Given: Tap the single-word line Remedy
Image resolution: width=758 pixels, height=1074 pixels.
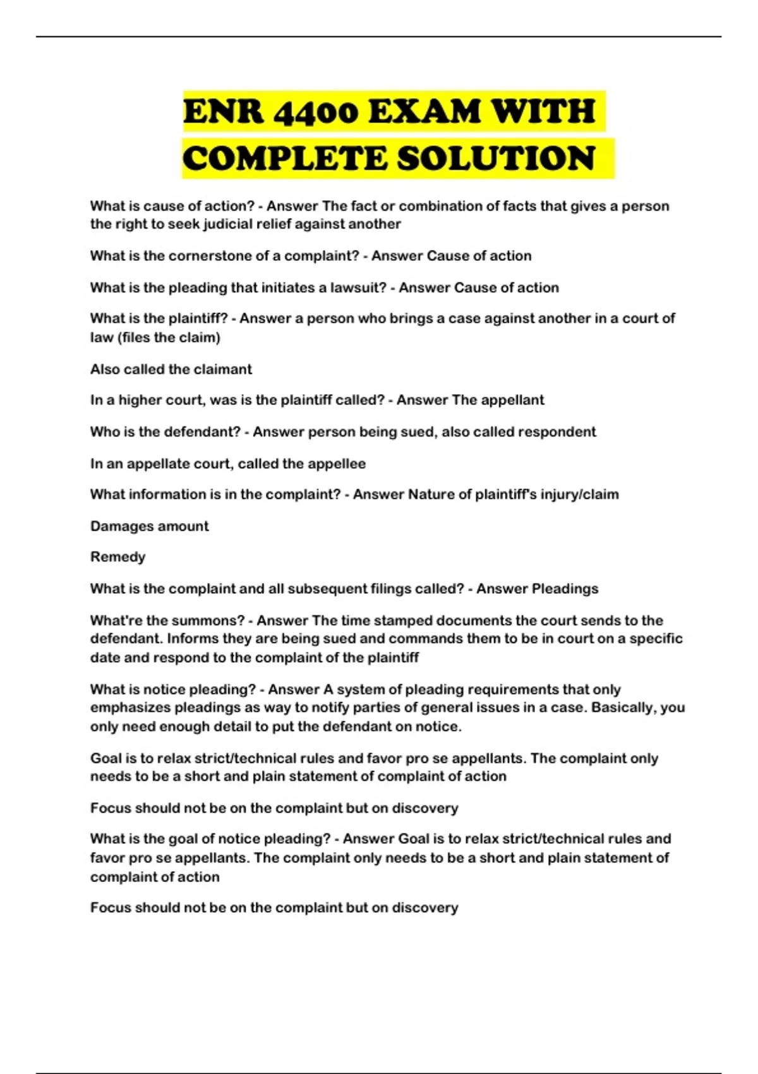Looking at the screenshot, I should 117,557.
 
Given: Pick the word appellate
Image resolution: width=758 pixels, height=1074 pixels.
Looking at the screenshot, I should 159,464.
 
